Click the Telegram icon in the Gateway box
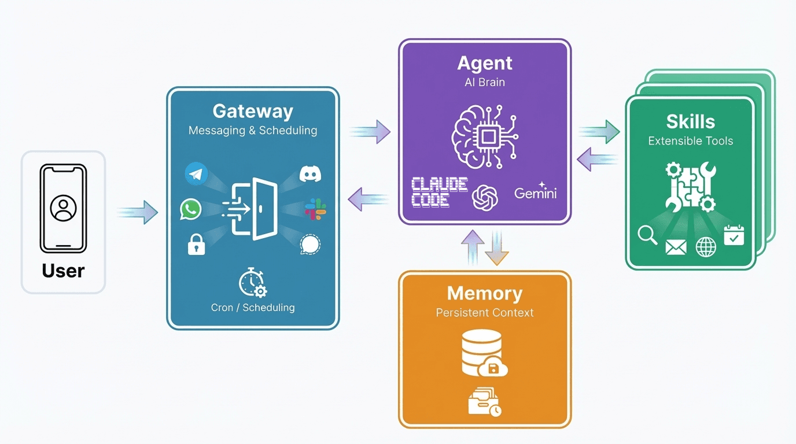pyautogui.click(x=197, y=174)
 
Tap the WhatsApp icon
pyautogui.click(x=190, y=209)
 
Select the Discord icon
pyautogui.click(x=311, y=174)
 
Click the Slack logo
pyautogui.click(x=316, y=209)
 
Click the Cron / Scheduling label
pyautogui.click(x=253, y=308)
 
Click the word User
pyautogui.click(x=63, y=271)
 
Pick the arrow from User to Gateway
pyautogui.click(x=137, y=212)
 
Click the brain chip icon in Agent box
pyautogui.click(x=485, y=136)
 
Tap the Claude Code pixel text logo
pyautogui.click(x=439, y=193)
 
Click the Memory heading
pyautogui.click(x=485, y=293)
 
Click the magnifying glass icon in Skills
pyautogui.click(x=647, y=235)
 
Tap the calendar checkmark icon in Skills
pyautogui.click(x=734, y=235)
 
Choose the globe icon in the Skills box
pyautogui.click(x=706, y=247)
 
